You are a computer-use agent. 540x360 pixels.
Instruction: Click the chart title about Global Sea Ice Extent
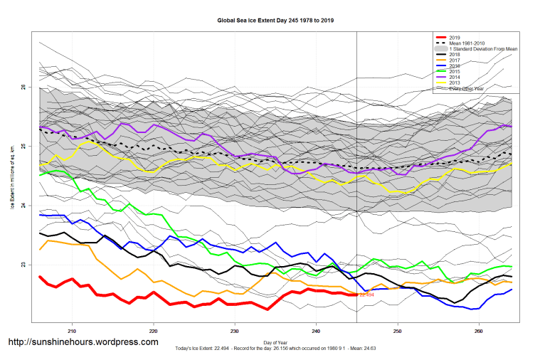[275, 21]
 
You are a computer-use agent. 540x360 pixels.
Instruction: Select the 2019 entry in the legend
[456, 37]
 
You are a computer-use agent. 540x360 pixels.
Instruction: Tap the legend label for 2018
[456, 54]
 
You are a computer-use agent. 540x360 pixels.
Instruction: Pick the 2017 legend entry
[456, 60]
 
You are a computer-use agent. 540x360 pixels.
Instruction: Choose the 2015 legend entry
[456, 71]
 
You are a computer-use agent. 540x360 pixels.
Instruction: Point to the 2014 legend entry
[456, 77]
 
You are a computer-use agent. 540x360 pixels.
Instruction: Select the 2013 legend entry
[456, 83]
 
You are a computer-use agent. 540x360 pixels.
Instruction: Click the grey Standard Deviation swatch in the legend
[440, 48]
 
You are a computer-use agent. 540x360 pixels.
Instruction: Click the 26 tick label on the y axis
[24, 88]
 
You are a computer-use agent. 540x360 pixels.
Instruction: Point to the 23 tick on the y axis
[24, 265]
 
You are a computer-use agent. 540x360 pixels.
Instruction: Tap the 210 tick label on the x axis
[72, 331]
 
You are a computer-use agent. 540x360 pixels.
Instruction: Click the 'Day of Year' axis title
[275, 343]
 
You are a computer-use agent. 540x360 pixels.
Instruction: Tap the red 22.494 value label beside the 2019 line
[366, 294]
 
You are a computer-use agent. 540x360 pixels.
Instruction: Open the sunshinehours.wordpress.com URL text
[83, 342]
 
